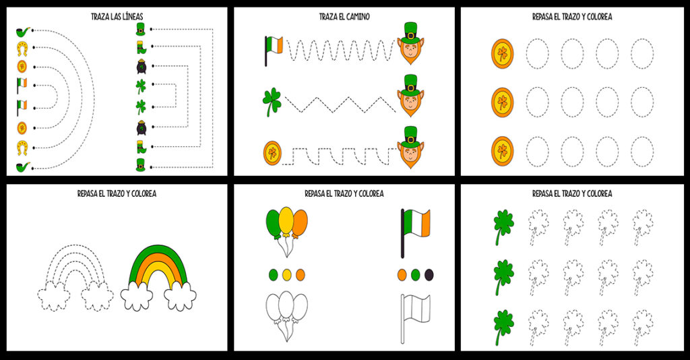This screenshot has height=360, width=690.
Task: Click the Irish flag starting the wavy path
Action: point(274,50)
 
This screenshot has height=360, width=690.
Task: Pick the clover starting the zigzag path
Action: point(272,102)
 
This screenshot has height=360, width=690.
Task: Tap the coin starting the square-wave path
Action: point(272,154)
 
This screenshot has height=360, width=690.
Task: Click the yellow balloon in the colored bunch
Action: point(286,220)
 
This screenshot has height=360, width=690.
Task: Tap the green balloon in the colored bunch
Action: point(274,223)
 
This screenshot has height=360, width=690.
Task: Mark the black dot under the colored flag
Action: point(429,274)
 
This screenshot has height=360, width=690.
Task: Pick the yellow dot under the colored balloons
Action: point(286,274)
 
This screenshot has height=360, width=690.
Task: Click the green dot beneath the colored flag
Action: point(415,274)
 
